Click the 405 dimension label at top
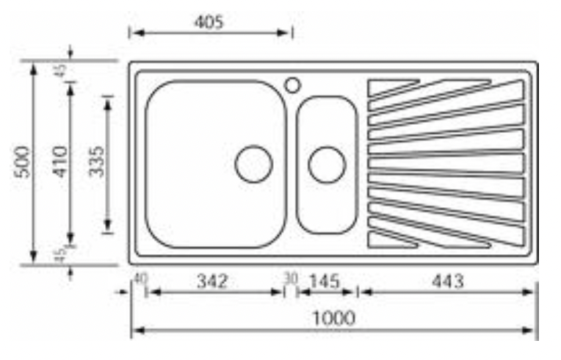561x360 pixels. (209, 22)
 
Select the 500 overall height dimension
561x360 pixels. (22, 162)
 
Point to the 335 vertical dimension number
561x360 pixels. (96, 162)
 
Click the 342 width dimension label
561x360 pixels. (212, 281)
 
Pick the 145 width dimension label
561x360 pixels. (324, 281)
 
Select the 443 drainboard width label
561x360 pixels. (448, 281)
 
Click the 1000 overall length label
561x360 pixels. (334, 318)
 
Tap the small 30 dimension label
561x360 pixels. (291, 278)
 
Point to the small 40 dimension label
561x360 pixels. (140, 278)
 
